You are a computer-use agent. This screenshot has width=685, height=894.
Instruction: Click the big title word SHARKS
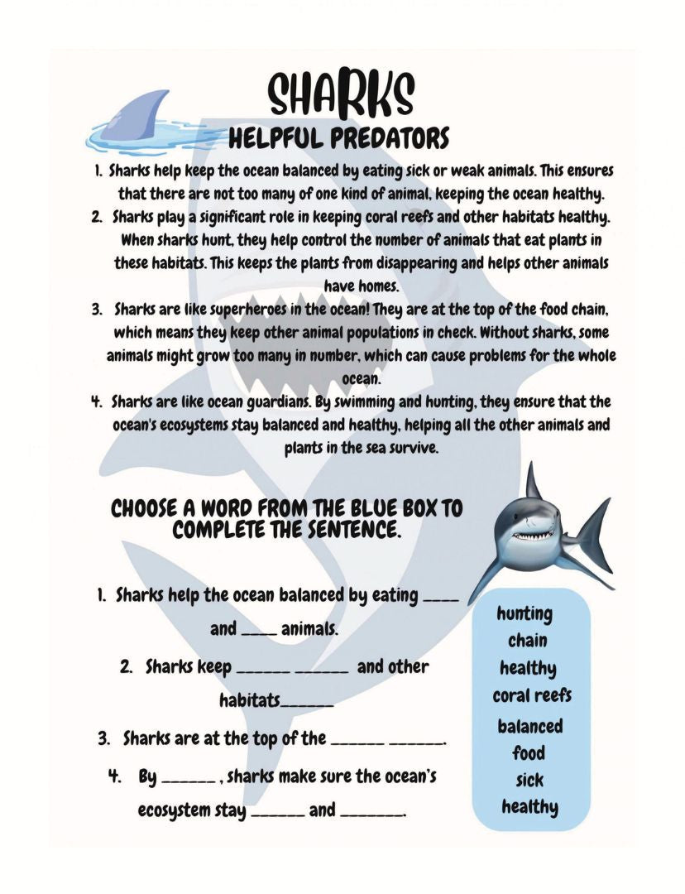(341, 95)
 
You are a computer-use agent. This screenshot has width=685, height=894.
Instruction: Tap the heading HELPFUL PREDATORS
(338, 137)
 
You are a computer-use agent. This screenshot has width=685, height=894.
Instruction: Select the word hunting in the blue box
(525, 613)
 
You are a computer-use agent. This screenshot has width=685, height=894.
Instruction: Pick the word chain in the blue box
(527, 640)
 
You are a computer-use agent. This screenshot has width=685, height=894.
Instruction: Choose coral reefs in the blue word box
(531, 695)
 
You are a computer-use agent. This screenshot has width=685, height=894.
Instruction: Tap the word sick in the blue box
(529, 780)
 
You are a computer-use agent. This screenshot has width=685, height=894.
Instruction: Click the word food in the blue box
(528, 752)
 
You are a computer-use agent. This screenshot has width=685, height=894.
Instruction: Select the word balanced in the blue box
(529, 726)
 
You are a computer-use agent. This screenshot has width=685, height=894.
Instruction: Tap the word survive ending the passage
(412, 449)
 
